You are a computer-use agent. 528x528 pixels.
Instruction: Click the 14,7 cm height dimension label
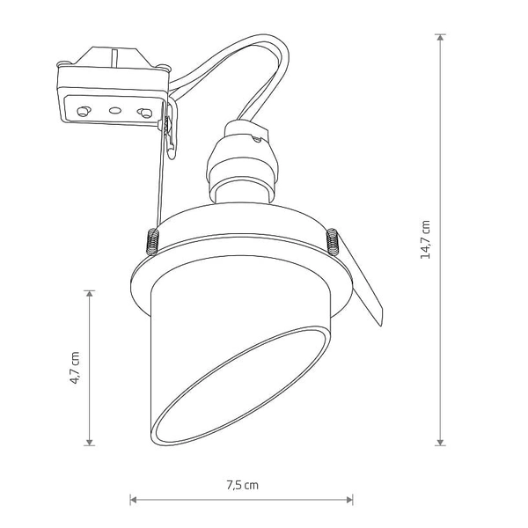tap(425, 239)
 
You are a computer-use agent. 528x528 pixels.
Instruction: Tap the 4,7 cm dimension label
tap(76, 367)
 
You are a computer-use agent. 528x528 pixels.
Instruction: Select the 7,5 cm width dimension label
tap(242, 484)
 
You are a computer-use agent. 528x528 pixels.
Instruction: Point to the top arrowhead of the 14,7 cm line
tap(441, 38)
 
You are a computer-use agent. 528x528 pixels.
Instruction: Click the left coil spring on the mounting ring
tap(150, 240)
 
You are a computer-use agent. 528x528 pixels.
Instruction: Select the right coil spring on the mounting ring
tap(333, 240)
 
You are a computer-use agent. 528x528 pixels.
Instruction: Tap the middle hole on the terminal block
tap(114, 111)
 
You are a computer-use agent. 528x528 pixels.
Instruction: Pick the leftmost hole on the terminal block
tap(84, 110)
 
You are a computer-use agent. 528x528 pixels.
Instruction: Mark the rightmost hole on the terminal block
tap(143, 113)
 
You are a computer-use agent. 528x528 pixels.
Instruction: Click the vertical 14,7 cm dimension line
tap(441, 132)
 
